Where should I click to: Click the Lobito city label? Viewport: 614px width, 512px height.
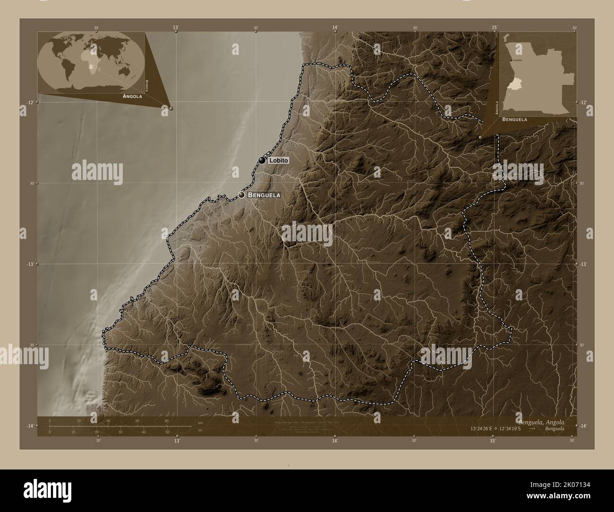pyautogui.click(x=278, y=161)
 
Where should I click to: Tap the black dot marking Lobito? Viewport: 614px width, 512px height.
pyautogui.click(x=262, y=161)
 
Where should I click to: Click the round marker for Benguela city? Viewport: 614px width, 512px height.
pyautogui.click(x=241, y=195)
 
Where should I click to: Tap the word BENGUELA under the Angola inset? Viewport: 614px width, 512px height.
pyautogui.click(x=515, y=120)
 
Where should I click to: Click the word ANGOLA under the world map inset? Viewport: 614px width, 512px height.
pyautogui.click(x=132, y=96)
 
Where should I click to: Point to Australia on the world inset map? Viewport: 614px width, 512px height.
pyautogui.click(x=125, y=71)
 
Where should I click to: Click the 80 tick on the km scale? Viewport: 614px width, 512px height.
pyautogui.click(x=166, y=420)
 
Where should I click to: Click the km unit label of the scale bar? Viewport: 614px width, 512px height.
pyautogui.click(x=200, y=423)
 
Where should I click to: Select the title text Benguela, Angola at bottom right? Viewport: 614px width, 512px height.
pyautogui.click(x=540, y=421)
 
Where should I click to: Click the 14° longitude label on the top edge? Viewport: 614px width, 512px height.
pyautogui.click(x=335, y=27)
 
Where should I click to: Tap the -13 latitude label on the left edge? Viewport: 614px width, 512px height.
pyautogui.click(x=30, y=265)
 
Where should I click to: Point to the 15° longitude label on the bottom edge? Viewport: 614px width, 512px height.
pyautogui.click(x=492, y=441)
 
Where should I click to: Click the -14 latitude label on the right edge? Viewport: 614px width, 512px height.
pyautogui.click(x=584, y=426)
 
